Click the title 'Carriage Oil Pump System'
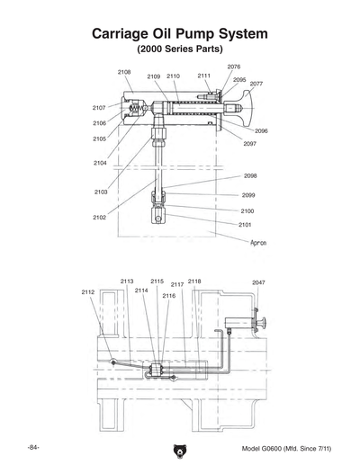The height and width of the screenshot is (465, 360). pos(179,33)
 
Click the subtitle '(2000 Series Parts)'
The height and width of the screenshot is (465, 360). pos(179,49)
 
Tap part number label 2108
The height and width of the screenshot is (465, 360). pos(124,71)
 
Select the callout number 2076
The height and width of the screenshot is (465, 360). pos(233,67)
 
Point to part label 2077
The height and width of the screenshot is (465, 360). pos(256,84)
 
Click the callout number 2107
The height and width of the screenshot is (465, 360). pos(99,107)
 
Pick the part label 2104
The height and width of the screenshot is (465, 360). pos(100,163)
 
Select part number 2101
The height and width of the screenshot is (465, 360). pos(245,224)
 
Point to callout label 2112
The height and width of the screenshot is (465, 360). pos(88,292)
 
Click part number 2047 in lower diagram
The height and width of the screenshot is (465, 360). pos(258,282)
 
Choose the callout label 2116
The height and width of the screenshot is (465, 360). pos(168,295)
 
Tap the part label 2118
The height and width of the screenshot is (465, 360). pos(193,282)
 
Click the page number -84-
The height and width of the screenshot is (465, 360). pos(33,447)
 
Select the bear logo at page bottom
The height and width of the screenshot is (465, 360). pos(179,450)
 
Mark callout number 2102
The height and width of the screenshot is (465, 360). pos(99,218)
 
